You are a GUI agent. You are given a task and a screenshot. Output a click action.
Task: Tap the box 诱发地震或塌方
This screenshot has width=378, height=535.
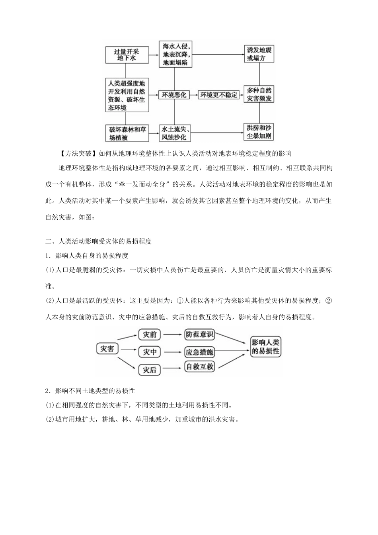259,55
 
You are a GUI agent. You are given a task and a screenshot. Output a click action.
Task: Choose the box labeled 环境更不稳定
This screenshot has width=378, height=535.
219,95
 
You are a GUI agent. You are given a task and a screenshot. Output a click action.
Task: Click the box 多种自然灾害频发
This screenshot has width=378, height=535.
259,95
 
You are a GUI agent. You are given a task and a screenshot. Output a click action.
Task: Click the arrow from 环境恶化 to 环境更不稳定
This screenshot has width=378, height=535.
194,95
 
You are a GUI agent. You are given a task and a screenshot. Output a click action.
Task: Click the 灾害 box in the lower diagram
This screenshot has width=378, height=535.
107,348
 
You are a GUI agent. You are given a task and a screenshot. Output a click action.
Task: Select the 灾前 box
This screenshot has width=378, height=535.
150,334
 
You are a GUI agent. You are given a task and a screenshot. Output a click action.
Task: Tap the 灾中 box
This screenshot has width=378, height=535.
150,352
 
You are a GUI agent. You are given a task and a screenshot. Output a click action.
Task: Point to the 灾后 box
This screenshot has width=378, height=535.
150,370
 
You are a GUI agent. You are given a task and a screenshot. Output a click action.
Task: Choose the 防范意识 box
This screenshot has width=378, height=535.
200,334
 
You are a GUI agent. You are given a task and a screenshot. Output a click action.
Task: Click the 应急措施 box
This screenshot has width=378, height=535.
200,352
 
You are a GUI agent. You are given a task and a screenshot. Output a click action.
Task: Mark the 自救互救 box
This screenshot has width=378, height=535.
200,367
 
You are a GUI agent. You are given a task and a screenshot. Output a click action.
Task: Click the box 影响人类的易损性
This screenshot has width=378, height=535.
266,347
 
